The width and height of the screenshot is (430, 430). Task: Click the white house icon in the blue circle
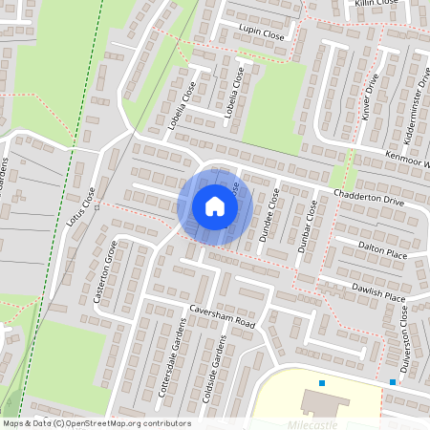(215, 205)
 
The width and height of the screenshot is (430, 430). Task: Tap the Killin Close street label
(376, 4)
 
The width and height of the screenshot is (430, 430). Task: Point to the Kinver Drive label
(373, 97)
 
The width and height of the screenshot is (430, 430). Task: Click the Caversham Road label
(224, 319)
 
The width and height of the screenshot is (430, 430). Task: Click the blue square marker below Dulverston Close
(393, 382)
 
